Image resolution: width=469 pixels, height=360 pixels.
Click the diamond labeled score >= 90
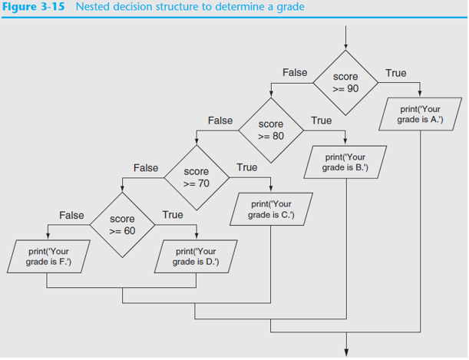pyautogui.click(x=345, y=83)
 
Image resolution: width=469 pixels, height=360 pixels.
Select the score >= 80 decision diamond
pyautogui.click(x=271, y=130)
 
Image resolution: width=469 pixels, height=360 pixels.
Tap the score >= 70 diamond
pyautogui.click(x=197, y=177)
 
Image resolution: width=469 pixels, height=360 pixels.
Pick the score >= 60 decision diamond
pyautogui.click(x=122, y=225)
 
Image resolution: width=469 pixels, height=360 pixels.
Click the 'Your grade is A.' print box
pyautogui.click(x=420, y=114)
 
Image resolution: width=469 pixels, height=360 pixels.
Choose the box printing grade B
pyautogui.click(x=345, y=162)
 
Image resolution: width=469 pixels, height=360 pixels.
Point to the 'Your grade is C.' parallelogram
pyautogui.click(x=271, y=210)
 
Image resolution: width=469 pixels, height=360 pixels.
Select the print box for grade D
pyautogui.click(x=196, y=256)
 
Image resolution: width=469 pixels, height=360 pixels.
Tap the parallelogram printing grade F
pyautogui.click(x=48, y=256)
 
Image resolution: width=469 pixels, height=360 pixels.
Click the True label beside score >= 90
pyautogui.click(x=396, y=73)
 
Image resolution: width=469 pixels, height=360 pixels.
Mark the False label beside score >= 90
pyautogui.click(x=295, y=72)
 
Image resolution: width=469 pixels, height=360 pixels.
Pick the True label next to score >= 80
pyautogui.click(x=322, y=121)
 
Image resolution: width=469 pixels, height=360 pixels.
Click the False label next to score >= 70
pyautogui.click(x=146, y=168)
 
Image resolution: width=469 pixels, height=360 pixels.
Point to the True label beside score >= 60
pyautogui.click(x=173, y=215)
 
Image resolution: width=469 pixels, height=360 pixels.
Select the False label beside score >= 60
pyautogui.click(x=71, y=215)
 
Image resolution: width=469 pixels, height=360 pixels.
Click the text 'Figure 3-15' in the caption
pyautogui.click(x=33, y=7)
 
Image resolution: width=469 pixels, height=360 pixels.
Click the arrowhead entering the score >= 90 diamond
pyautogui.click(x=345, y=47)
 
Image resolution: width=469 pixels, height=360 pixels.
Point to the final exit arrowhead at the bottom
pyautogui.click(x=347, y=352)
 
